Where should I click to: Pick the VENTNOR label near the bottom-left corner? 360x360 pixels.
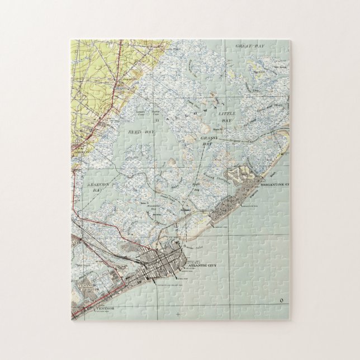point(103,309)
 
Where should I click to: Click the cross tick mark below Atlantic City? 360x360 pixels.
point(178,315)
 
